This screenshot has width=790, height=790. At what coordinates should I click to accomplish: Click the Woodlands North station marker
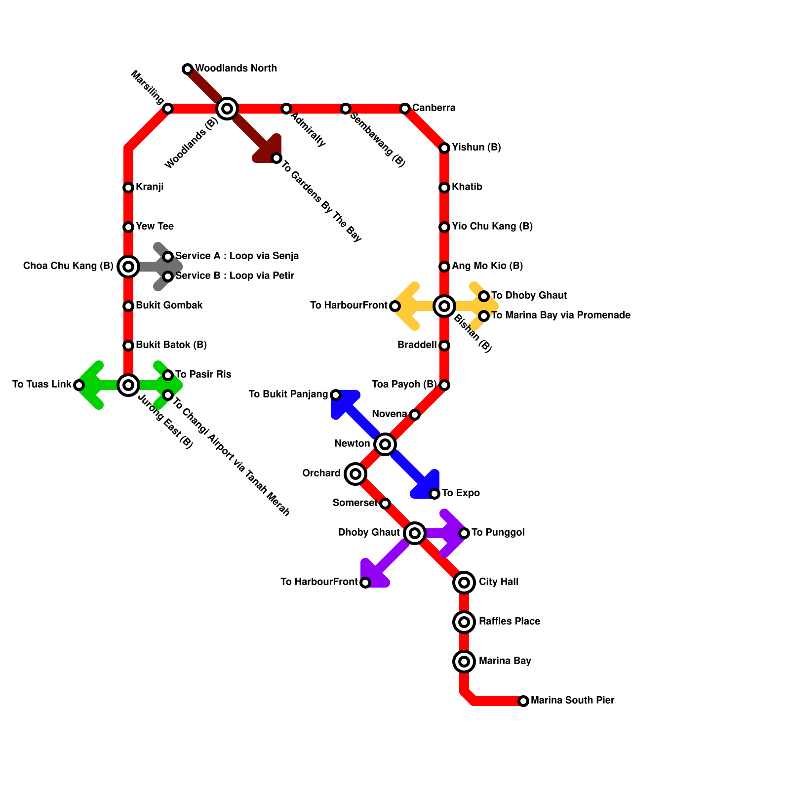click(188, 69)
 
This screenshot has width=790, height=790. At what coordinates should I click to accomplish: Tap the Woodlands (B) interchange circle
click(227, 109)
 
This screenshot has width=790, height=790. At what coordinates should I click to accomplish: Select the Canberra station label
click(434, 108)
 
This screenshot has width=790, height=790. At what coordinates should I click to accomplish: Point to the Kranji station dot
click(128, 188)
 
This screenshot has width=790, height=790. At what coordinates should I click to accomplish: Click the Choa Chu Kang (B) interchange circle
click(128, 267)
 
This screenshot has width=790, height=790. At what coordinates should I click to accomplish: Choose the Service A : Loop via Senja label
click(237, 256)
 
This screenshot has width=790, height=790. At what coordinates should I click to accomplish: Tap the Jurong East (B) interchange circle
click(128, 385)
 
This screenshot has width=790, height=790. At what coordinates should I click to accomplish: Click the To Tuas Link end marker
click(79, 385)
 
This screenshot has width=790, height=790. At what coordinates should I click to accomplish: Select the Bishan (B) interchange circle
click(444, 306)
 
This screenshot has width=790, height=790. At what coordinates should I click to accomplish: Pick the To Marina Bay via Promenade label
click(560, 316)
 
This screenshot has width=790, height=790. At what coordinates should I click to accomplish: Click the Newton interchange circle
click(385, 444)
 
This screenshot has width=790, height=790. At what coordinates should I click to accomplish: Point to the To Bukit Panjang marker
click(336, 395)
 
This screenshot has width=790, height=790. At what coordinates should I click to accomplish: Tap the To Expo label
click(461, 493)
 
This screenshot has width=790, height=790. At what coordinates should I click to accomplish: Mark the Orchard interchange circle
click(355, 474)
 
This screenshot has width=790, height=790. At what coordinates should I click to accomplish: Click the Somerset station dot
click(385, 504)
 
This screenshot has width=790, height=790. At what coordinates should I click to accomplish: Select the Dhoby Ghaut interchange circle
click(415, 533)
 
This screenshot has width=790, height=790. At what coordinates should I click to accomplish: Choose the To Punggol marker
click(464, 533)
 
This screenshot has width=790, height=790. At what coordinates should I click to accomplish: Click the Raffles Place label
click(509, 622)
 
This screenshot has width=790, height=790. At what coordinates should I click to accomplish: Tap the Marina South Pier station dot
click(523, 701)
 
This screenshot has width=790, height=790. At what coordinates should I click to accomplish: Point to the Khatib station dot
click(444, 188)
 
